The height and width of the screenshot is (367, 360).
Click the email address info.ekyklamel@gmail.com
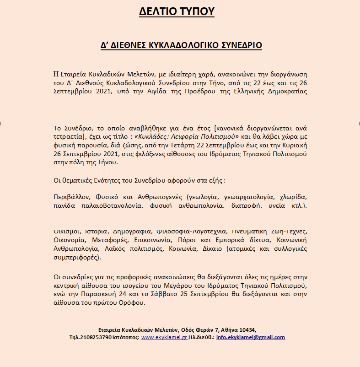coord(251,338)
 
